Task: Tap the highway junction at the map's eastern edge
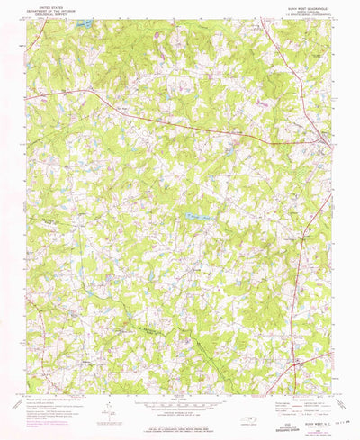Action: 325,139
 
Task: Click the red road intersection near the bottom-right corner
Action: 300,365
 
